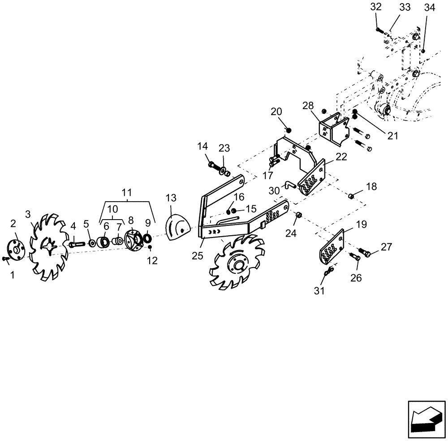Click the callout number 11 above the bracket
point(127,193)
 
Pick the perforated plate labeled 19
point(332,247)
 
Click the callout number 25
point(197,255)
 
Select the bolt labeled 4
point(77,244)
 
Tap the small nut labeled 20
point(289,130)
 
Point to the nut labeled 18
point(351,196)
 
